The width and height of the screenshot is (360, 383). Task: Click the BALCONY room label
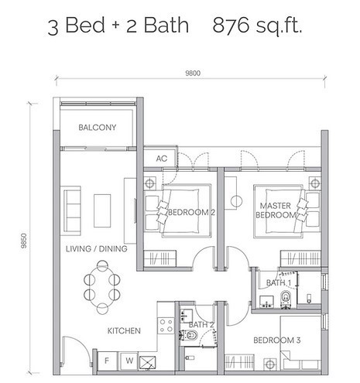[97, 128]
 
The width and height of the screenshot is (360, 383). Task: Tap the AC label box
[162, 159]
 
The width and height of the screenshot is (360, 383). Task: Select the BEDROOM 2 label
[191, 212]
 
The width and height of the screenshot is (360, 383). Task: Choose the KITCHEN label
[124, 330]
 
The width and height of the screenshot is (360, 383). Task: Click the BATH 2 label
[201, 324]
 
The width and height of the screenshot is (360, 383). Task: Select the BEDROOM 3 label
[276, 340]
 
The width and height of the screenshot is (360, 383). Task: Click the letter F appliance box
[105, 360]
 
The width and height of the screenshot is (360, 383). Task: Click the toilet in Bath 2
[190, 336]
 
